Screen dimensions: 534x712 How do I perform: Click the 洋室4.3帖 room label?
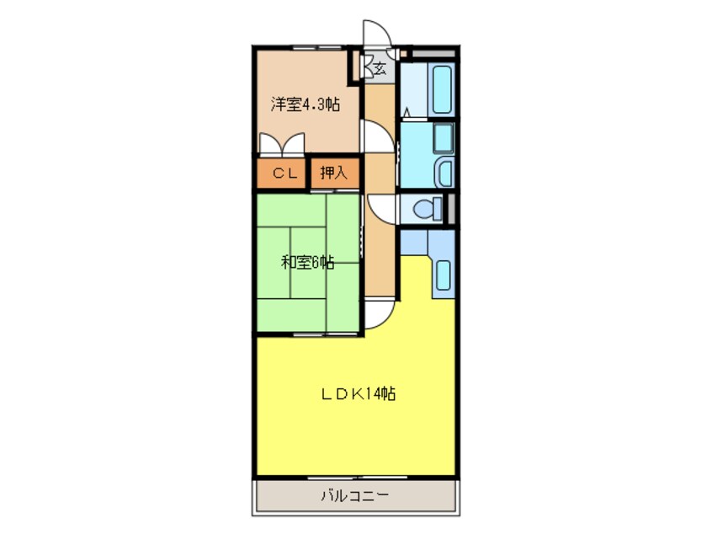(x=305, y=105)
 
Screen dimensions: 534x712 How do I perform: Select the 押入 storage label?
(x=333, y=174)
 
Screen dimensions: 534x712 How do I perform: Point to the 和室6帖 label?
(x=307, y=262)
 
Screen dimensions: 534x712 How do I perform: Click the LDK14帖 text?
(x=357, y=393)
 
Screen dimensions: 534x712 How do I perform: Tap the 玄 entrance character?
(x=380, y=67)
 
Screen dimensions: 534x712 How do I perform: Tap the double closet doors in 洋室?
(x=281, y=145)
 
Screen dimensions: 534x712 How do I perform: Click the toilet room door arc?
(x=380, y=208)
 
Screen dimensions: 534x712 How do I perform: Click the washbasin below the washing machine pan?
(x=443, y=174)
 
